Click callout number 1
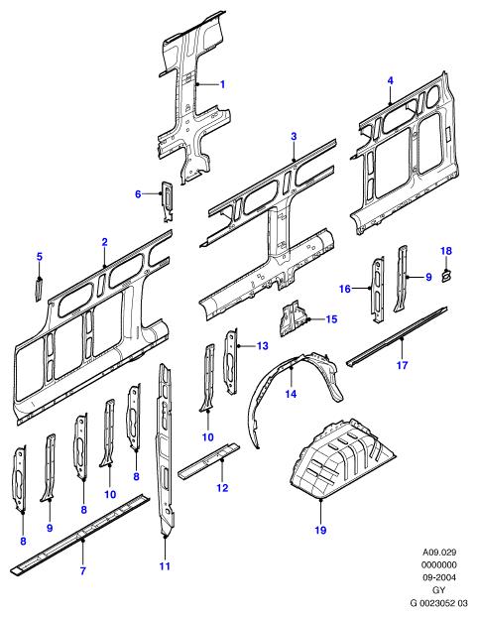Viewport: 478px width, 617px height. [x=222, y=84]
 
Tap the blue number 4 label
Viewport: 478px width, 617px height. [x=390, y=80]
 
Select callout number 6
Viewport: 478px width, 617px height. [x=138, y=194]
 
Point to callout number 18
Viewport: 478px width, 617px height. [x=446, y=251]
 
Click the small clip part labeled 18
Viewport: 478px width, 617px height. [x=447, y=276]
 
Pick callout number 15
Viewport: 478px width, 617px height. [x=331, y=318]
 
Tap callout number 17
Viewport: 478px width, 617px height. [x=402, y=365]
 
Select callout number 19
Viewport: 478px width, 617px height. [x=320, y=530]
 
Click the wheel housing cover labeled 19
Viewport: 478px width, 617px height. [x=343, y=459]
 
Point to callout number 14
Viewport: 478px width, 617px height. [x=291, y=394]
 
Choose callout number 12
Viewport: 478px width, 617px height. [x=222, y=488]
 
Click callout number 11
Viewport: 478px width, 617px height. [x=165, y=565]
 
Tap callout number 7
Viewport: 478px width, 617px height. [x=82, y=570]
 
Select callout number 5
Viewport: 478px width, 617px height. [x=39, y=257]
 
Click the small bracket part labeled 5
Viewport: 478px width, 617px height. [x=39, y=290]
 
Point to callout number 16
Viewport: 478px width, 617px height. [x=345, y=289]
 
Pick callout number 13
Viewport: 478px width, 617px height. [x=262, y=345]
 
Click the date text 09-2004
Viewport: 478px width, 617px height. [x=438, y=577]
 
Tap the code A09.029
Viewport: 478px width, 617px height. [x=439, y=553]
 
